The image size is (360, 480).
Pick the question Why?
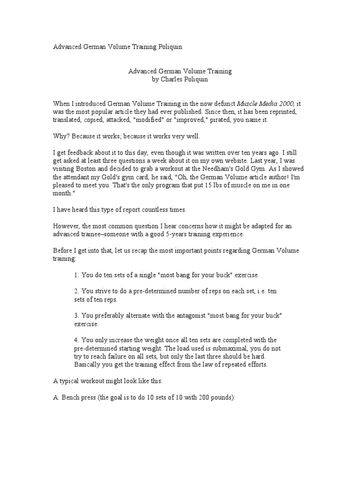pos(60,136)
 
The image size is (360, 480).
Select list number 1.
pos(76,275)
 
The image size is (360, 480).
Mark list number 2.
pos(76,291)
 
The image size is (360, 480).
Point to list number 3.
pos(76,315)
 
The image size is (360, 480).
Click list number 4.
pos(76,340)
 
